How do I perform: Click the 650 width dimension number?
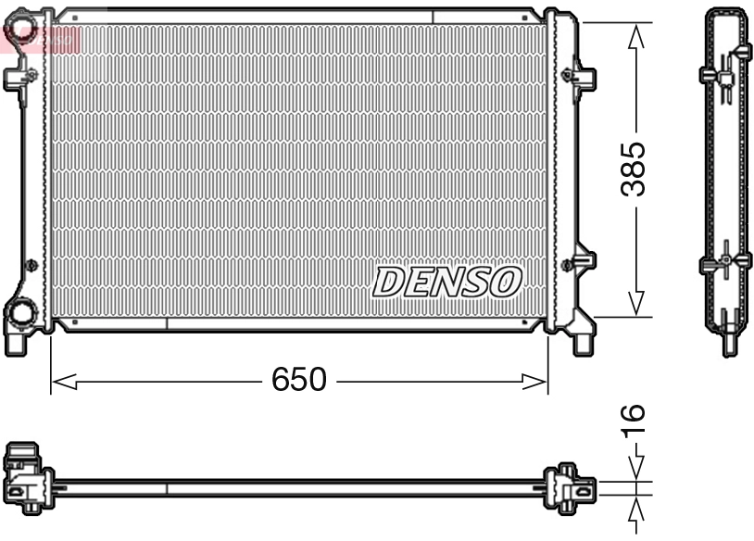point(299,380)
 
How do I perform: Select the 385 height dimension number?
point(634,169)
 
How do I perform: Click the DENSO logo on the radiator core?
point(447,282)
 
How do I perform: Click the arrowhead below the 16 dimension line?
point(635,512)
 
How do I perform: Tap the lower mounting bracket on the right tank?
point(583,262)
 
